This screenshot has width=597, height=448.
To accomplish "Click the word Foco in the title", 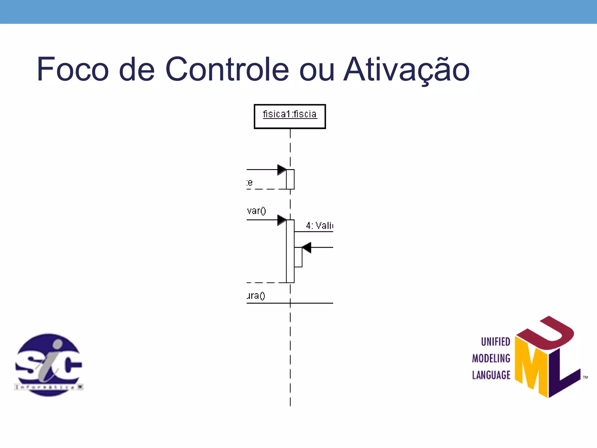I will [73, 69].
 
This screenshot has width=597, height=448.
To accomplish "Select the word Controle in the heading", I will [227, 69].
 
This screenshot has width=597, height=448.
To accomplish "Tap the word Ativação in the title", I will [406, 69].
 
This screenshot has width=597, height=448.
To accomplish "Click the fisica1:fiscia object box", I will [290, 116].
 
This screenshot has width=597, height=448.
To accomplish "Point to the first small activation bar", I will [290, 179].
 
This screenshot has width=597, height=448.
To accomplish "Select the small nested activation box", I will [298, 257].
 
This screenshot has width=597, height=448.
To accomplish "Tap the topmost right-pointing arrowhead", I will [281, 169].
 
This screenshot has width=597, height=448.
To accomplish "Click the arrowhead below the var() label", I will [281, 220].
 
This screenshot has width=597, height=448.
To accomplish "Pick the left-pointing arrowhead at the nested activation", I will [307, 248].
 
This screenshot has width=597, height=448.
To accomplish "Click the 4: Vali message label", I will [319, 225].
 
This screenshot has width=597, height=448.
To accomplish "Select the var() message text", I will [256, 211].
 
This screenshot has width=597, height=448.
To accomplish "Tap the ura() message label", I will [256, 296].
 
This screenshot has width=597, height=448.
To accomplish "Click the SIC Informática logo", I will [49, 365].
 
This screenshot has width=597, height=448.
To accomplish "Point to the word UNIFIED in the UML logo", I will [495, 342].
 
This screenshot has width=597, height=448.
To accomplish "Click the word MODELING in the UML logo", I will [491, 358].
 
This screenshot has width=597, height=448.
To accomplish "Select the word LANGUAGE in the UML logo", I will [491, 375].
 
